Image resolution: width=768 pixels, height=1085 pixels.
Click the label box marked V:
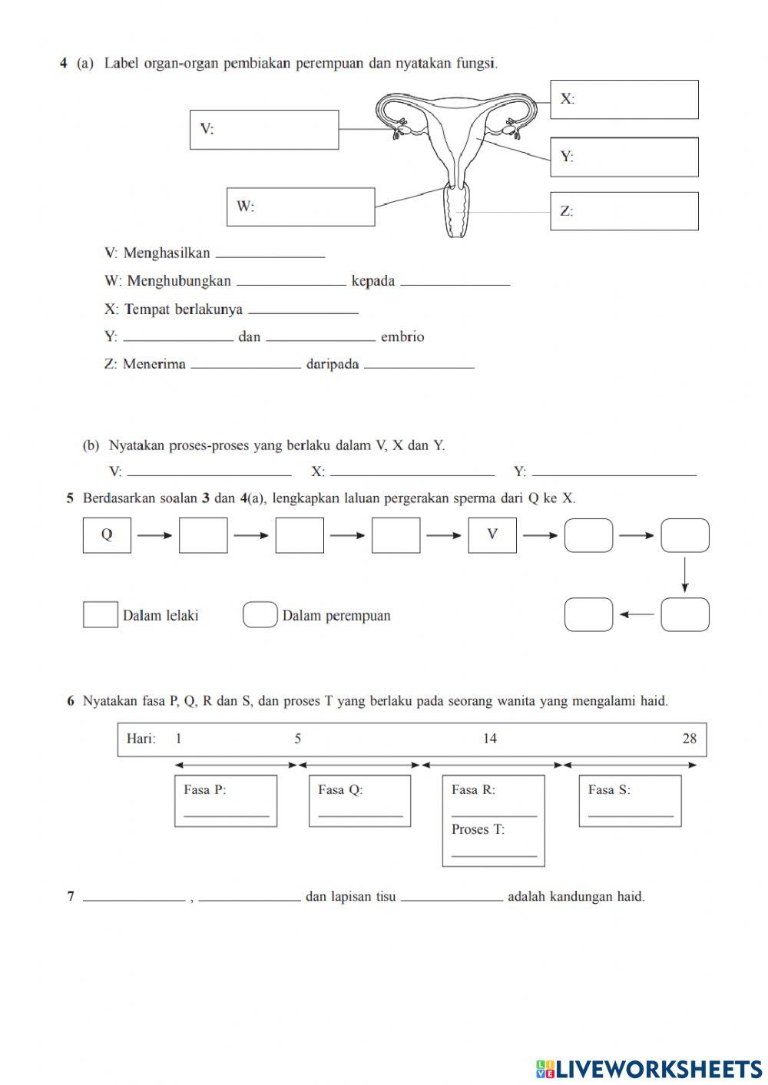[264, 130]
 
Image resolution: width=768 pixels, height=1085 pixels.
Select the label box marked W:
[300, 207]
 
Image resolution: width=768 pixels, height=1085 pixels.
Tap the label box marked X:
[624, 100]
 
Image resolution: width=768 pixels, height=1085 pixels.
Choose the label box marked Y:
[624, 157]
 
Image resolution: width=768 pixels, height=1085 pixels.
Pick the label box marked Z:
[624, 211]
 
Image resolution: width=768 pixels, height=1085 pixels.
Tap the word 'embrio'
[402, 337]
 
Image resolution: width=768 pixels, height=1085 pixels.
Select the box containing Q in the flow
[107, 535]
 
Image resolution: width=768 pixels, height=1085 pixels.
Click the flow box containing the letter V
[492, 535]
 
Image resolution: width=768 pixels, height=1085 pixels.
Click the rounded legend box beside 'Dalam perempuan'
[260, 615]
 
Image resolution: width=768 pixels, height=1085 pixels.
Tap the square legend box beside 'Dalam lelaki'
[100, 615]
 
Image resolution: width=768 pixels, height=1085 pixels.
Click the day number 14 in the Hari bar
[490, 739]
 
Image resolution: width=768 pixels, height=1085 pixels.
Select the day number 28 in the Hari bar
[689, 739]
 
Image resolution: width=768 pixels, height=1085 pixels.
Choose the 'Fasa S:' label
[609, 789]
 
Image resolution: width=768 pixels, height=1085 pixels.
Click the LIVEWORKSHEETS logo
[649, 1069]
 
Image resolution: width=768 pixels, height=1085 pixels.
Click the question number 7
[71, 896]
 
